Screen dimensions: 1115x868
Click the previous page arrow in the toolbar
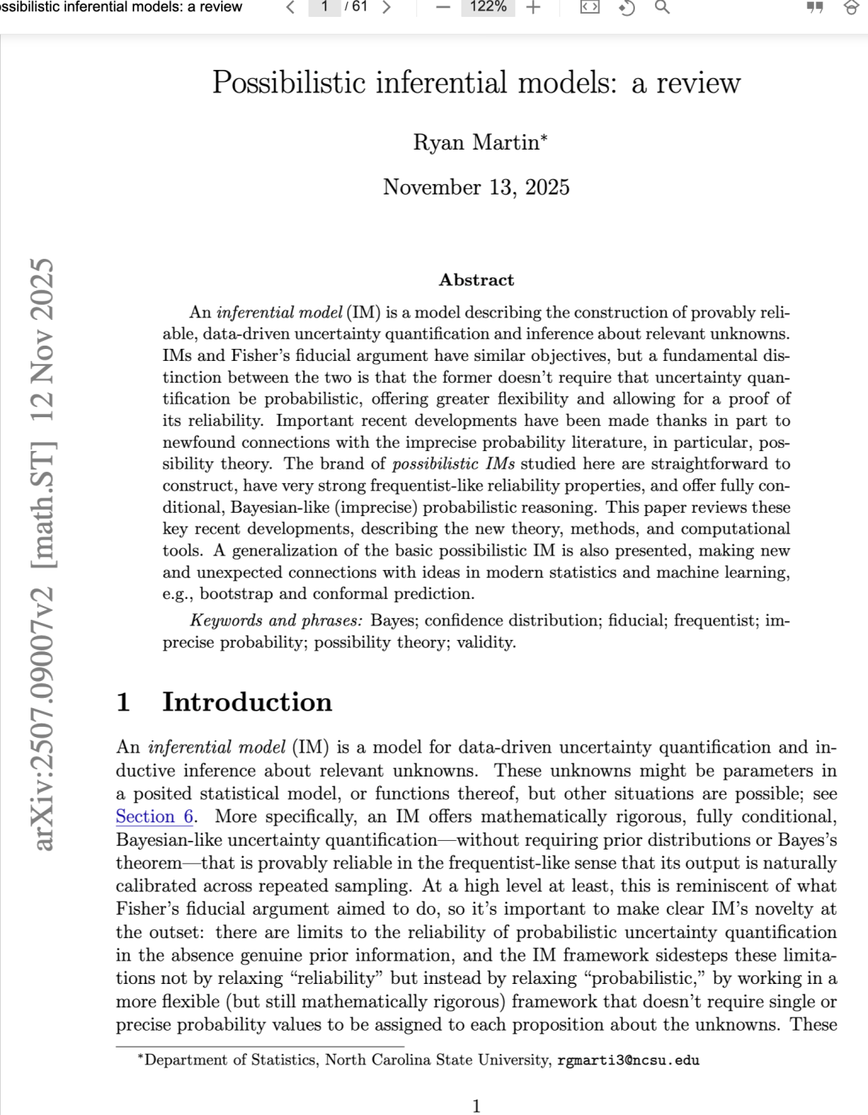click(x=290, y=7)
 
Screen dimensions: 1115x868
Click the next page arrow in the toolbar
click(x=387, y=7)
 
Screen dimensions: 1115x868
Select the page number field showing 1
click(x=325, y=6)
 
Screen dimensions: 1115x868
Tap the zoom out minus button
click(x=443, y=7)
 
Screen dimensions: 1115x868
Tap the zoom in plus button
click(x=533, y=7)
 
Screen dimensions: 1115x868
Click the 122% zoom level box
click(x=488, y=6)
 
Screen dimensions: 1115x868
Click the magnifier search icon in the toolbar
click(x=662, y=7)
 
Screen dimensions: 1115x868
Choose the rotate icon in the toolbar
click(x=626, y=7)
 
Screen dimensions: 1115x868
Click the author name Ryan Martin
click(x=480, y=142)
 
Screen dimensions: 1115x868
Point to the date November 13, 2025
click(x=477, y=187)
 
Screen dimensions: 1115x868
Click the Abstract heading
click(x=477, y=280)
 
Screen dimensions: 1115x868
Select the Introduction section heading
click(x=247, y=702)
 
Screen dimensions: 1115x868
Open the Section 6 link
click(x=155, y=817)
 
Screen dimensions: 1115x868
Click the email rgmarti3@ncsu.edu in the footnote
click(x=628, y=1060)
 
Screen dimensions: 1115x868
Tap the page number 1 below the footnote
click(x=477, y=1106)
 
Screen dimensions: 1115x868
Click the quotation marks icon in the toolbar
click(x=815, y=7)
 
